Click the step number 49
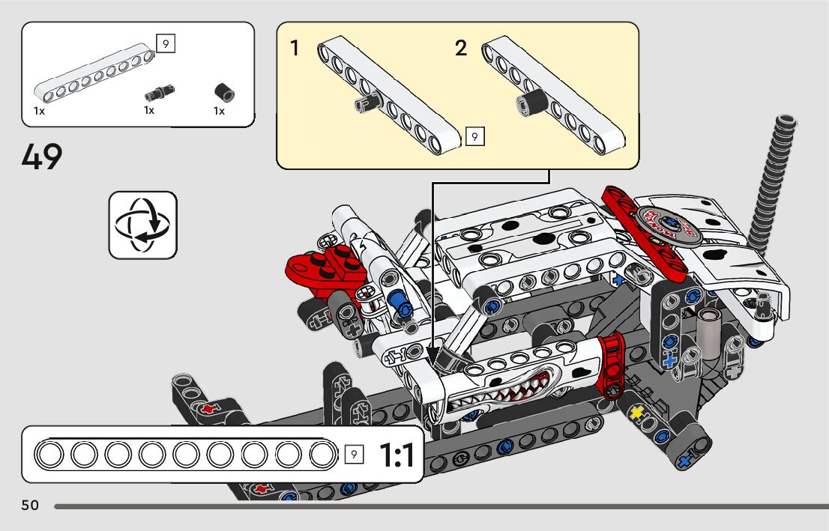pos(42,157)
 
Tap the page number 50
pos(30,505)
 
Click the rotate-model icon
pos(142,225)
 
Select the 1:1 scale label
pos(397,455)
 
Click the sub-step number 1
pos(295,48)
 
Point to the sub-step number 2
pos(461,48)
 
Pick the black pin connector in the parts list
pos(159,92)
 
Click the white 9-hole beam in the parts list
pos(94,72)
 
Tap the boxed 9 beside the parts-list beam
pos(166,43)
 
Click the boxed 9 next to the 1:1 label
pos(354,455)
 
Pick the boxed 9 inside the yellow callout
pos(474,137)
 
